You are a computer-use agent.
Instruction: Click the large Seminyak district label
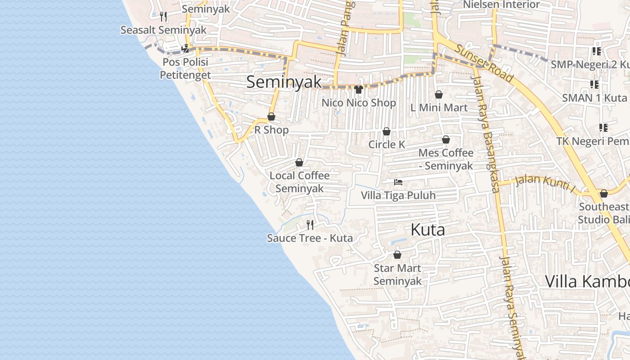click(x=284, y=81)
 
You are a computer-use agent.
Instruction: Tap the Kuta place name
click(x=427, y=230)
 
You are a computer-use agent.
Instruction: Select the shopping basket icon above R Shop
click(x=271, y=117)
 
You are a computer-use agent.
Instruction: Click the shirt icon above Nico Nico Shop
click(x=358, y=90)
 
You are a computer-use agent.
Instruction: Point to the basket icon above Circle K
click(x=386, y=131)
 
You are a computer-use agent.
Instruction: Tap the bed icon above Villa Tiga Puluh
click(x=398, y=182)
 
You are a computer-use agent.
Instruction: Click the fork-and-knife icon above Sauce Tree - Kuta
click(x=310, y=225)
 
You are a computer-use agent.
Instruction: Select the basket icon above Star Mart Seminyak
click(x=397, y=255)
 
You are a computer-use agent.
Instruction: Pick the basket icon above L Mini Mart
click(x=439, y=94)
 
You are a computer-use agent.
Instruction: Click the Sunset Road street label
click(x=484, y=63)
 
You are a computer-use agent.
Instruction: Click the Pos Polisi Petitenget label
click(x=185, y=68)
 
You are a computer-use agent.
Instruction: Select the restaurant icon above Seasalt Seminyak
click(x=163, y=17)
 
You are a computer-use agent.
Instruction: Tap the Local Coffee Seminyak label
click(x=299, y=182)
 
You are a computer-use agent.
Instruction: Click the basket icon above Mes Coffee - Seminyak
click(x=446, y=140)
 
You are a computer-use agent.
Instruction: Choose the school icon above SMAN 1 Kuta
click(x=594, y=85)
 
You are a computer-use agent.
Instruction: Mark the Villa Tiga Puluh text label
click(x=398, y=195)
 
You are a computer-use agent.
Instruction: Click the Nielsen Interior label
click(x=501, y=4)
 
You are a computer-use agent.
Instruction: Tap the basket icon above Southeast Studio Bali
click(x=604, y=193)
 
